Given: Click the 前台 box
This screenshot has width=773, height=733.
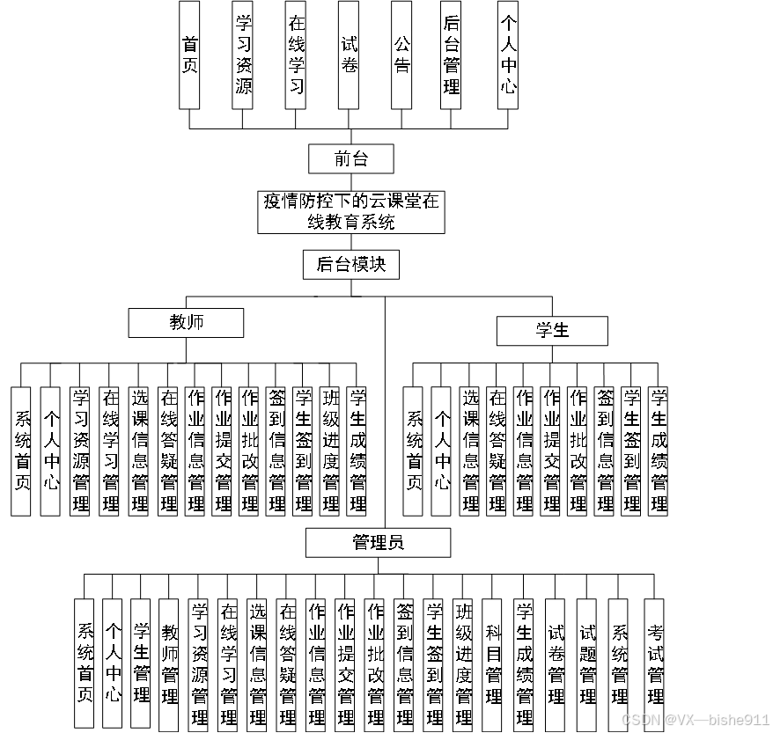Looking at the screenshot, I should coord(350,159).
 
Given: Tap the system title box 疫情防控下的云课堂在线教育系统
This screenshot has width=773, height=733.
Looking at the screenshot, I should coord(350,212).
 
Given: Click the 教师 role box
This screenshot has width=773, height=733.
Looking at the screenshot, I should coord(186,322).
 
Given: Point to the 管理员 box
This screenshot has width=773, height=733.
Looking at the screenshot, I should coord(378,542).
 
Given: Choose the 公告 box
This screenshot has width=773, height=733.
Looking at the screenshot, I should coord(401,55).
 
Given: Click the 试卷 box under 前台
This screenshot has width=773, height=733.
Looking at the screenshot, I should coord(349,55).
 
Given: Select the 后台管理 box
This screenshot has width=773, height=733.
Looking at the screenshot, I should coord(451,55).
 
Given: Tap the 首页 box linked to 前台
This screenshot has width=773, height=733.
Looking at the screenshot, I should coord(189,55).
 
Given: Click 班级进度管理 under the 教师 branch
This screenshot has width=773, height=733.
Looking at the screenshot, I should coord(330,451).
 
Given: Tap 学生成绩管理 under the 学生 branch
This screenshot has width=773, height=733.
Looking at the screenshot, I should coord(658,451).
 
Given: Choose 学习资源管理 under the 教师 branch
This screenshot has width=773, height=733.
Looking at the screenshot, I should coord(80,451).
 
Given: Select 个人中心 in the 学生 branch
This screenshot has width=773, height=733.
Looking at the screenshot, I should coord(441,451).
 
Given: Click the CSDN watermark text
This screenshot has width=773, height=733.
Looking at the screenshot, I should coord(696,719).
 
